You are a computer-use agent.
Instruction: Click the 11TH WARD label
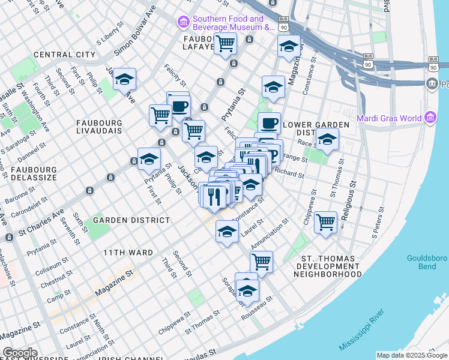click(128, 253)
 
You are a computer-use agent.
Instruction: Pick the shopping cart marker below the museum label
click(225, 43)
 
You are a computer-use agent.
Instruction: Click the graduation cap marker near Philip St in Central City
click(124, 80)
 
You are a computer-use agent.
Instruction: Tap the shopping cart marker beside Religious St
click(325, 223)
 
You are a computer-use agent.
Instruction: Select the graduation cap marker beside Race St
click(327, 140)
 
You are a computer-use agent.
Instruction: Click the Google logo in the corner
click(19, 353)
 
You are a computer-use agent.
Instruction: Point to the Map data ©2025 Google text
click(411, 355)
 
